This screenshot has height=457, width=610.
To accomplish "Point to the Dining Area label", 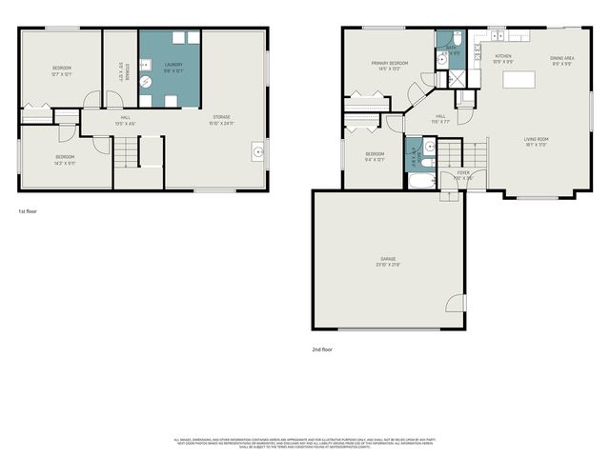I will pyautogui.click(x=561, y=61).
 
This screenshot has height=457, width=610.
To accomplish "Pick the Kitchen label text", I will pyautogui.click(x=503, y=59).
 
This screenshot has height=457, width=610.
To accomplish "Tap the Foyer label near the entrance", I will pyautogui.click(x=463, y=175).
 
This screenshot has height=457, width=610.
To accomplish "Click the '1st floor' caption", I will pyautogui.click(x=28, y=211).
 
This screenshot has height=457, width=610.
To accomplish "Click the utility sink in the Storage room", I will pyautogui.click(x=257, y=149).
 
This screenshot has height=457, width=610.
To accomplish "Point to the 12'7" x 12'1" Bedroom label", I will pyautogui.click(x=61, y=70).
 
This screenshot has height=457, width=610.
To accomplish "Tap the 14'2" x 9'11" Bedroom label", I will pyautogui.click(x=64, y=159).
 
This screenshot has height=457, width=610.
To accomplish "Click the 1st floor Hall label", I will pyautogui.click(x=125, y=121).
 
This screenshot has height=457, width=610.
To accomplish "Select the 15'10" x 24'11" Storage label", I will pyautogui.click(x=222, y=121).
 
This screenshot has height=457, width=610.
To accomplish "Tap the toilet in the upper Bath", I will pyautogui.click(x=457, y=41).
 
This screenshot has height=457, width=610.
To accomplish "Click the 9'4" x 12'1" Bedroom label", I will pyautogui.click(x=375, y=156).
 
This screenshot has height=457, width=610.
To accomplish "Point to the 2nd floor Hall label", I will pyautogui.click(x=441, y=119).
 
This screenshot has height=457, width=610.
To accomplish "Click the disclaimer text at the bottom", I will pyautogui.click(x=303, y=442).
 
